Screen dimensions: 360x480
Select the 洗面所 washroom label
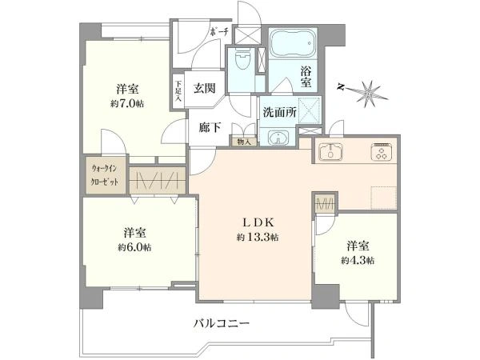click(x=280, y=113)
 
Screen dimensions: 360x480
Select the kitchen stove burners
click(x=378, y=152)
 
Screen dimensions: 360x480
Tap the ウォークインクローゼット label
click(x=105, y=175)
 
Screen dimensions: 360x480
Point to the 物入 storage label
click(x=243, y=142)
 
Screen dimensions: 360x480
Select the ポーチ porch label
click(x=220, y=31)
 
